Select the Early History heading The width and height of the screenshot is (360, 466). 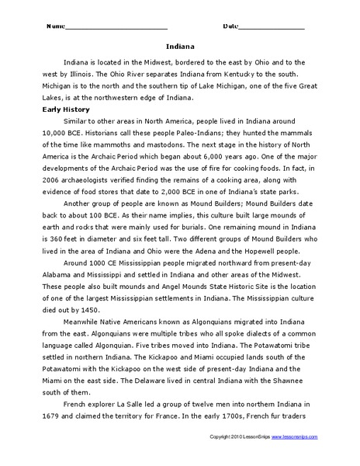(67, 110)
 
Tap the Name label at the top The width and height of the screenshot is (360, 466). (56, 26)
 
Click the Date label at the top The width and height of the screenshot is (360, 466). (231, 26)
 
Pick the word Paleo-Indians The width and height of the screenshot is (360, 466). (171, 134)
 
